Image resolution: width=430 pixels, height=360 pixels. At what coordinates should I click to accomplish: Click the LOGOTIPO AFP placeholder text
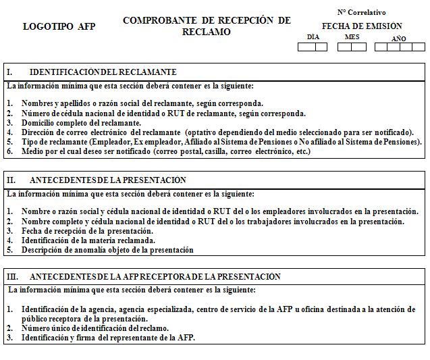tap(59, 26)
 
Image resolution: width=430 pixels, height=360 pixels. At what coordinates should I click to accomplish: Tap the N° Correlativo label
tap(361, 12)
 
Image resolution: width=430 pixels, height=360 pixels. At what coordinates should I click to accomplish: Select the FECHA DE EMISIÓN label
tap(361, 26)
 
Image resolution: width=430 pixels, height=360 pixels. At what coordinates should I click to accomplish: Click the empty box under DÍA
tap(313, 47)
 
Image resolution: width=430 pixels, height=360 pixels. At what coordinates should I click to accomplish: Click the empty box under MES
tap(352, 47)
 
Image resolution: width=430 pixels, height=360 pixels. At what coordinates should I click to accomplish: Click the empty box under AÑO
tap(399, 47)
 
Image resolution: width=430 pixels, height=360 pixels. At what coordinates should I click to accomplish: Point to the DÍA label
tap(313, 37)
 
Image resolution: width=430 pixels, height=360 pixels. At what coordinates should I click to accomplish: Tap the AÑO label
tap(399, 38)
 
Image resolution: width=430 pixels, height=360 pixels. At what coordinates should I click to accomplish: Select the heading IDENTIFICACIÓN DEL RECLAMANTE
tap(103, 72)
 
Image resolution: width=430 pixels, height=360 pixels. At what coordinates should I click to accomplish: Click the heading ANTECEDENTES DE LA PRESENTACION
tap(108, 180)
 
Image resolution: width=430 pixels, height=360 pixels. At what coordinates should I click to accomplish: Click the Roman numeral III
tap(13, 277)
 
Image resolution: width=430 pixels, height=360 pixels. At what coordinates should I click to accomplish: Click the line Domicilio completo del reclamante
tap(81, 123)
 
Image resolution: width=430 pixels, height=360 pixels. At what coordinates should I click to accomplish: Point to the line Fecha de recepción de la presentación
tap(88, 231)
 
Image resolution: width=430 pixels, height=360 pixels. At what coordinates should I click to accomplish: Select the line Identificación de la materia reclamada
tap(88, 240)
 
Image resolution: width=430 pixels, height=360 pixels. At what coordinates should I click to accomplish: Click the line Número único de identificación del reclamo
tap(95, 328)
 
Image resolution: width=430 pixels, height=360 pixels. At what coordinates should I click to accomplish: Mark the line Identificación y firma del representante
tap(108, 338)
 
